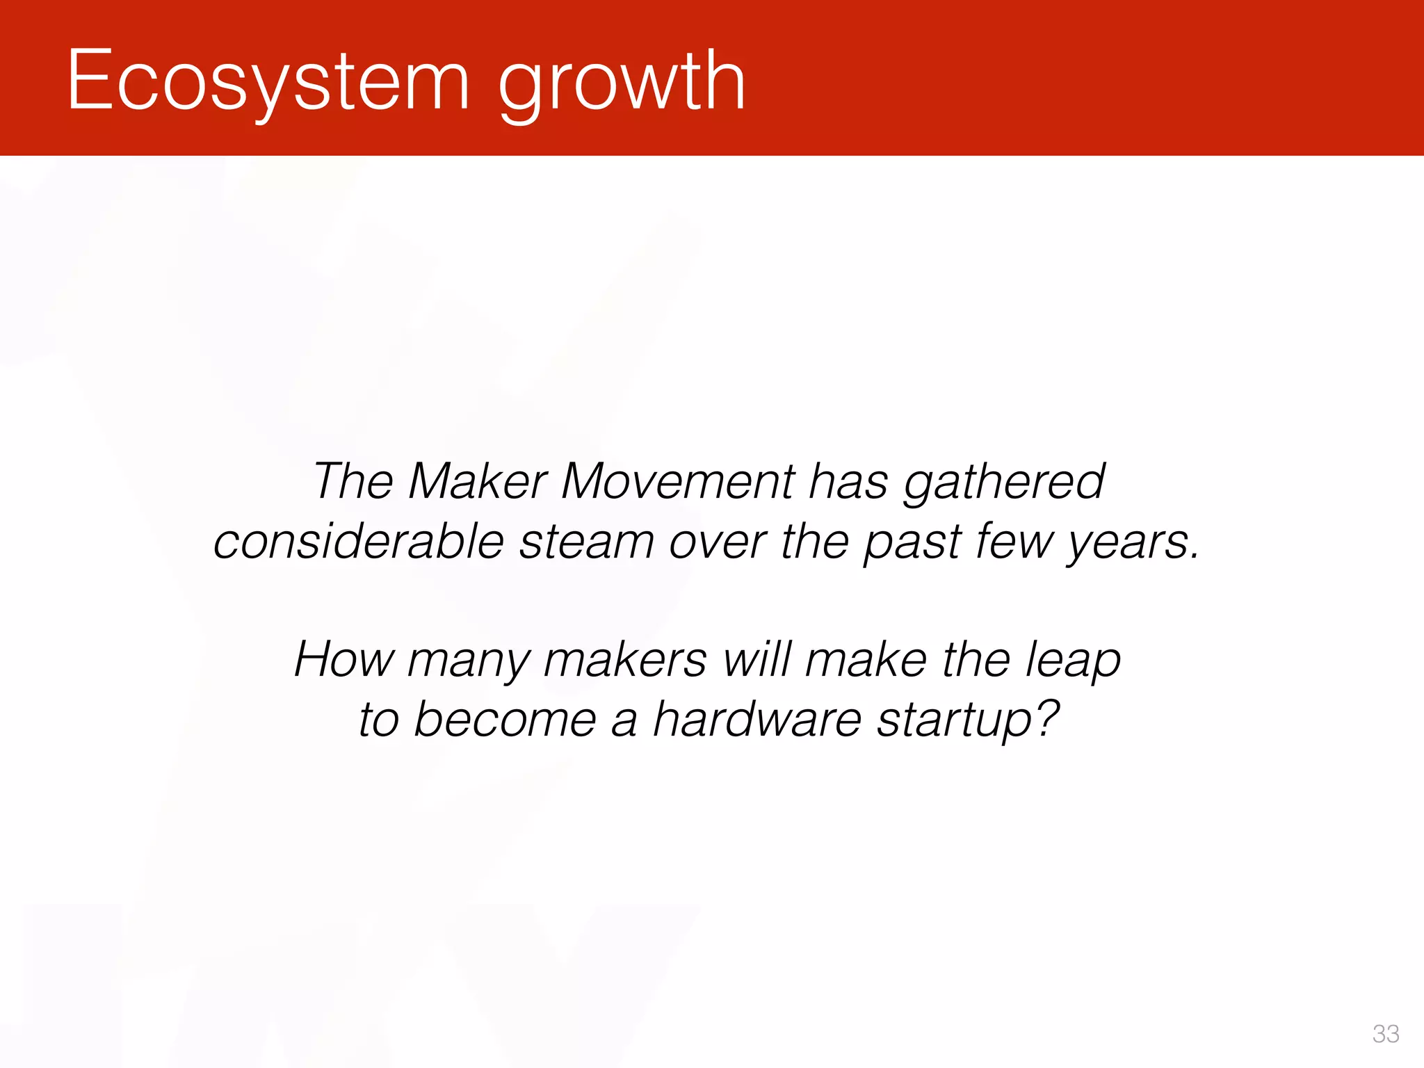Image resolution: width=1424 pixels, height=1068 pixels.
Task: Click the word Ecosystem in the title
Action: click(x=268, y=82)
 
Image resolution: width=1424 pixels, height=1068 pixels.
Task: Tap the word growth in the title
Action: click(x=622, y=83)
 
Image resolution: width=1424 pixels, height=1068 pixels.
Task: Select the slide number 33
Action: click(x=1385, y=1034)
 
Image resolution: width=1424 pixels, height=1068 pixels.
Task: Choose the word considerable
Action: click(x=358, y=542)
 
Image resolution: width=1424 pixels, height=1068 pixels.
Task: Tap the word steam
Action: click(x=586, y=542)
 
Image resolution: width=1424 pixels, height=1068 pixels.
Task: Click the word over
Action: click(x=717, y=542)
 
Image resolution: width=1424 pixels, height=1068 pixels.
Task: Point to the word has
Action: click(x=848, y=481)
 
